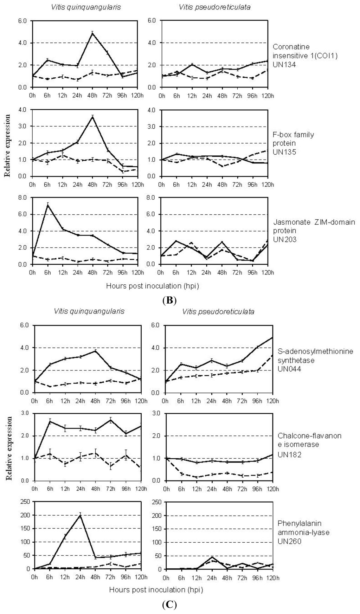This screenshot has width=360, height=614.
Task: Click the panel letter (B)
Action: (x=170, y=301)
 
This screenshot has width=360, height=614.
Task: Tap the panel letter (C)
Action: (x=170, y=605)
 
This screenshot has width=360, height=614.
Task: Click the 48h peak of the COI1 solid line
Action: (x=92, y=33)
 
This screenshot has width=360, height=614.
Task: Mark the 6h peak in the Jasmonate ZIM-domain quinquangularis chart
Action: (x=48, y=205)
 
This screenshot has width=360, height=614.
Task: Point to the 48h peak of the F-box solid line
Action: (x=92, y=116)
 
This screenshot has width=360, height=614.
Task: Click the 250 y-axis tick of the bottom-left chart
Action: (x=26, y=502)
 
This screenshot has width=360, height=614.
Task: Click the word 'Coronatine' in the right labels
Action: (x=289, y=47)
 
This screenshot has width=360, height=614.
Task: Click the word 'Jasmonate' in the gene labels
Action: (x=289, y=222)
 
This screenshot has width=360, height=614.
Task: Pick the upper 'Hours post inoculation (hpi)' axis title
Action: (x=153, y=286)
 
